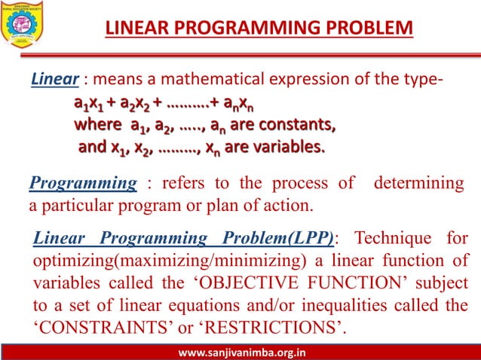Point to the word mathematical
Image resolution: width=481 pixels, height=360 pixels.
pos(216,79)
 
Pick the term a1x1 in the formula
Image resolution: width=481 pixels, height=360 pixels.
pos(91,103)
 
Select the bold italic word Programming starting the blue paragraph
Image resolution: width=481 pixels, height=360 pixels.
pos(83,184)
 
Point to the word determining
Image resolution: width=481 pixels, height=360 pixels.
pos(419,184)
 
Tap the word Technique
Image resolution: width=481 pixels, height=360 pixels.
pos(391,239)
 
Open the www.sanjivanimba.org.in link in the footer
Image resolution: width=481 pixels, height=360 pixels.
pos(240,352)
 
